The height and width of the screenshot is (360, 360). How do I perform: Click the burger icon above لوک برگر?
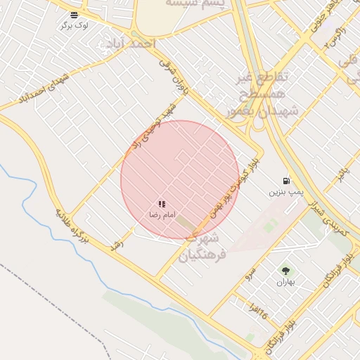[75, 14]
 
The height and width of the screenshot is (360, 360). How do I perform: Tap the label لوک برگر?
[75, 25]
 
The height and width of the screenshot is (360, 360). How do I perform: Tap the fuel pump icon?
[286, 181]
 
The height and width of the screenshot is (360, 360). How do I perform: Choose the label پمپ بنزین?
[286, 191]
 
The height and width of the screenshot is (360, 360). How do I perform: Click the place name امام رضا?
[162, 214]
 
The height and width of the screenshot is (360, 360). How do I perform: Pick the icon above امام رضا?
[162, 204]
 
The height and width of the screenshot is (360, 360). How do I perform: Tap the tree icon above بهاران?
[285, 271]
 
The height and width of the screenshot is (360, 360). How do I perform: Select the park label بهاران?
[285, 282]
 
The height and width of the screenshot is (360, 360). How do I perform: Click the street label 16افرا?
[258, 310]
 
